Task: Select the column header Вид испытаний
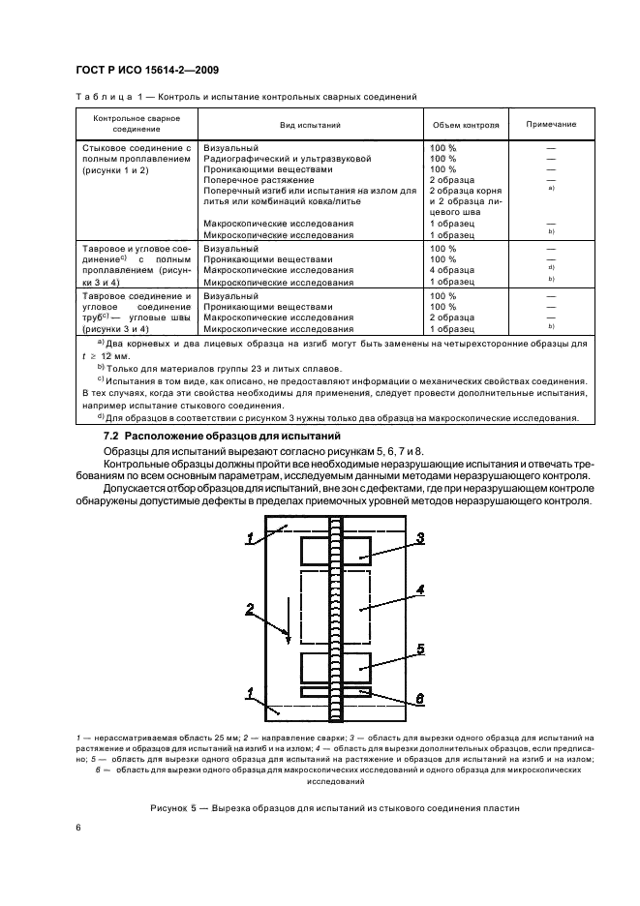click(309, 125)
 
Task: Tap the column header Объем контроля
click(464, 125)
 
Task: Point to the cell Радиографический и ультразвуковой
click(287, 158)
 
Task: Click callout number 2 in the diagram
click(251, 610)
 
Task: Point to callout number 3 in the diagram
click(420, 537)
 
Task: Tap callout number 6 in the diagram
click(420, 698)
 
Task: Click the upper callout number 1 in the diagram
click(251, 539)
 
